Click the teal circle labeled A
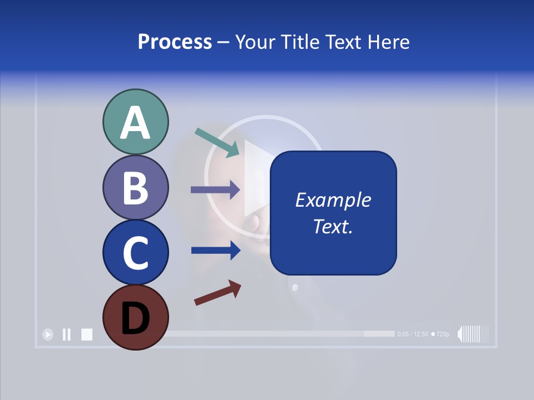135,122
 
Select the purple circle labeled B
135,187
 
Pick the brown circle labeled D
135,317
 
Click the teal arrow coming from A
217,142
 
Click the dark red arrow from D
217,293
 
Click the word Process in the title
175,42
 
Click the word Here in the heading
389,42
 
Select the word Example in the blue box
333,200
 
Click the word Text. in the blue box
333,226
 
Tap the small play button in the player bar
48,334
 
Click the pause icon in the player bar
67,334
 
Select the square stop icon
86,334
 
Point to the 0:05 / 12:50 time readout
413,334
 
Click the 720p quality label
441,334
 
